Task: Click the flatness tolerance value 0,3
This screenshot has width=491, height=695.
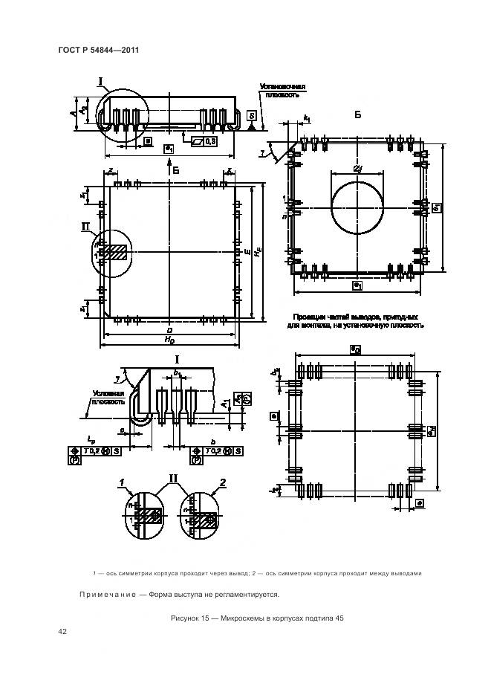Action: (x=210, y=141)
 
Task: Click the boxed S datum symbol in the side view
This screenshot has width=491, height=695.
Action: (x=253, y=117)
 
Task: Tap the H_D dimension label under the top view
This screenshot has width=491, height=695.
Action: (x=169, y=340)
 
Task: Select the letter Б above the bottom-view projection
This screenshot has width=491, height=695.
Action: (x=357, y=115)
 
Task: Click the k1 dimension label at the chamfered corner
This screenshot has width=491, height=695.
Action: (x=306, y=119)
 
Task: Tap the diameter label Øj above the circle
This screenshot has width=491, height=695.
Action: (x=358, y=170)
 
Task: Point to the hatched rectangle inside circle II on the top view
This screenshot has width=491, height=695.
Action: (x=114, y=252)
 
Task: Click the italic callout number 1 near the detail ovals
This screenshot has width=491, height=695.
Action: (x=120, y=483)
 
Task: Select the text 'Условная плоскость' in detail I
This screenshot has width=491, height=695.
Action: (x=101, y=398)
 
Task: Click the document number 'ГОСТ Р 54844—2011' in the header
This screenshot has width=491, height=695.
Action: (x=98, y=50)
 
